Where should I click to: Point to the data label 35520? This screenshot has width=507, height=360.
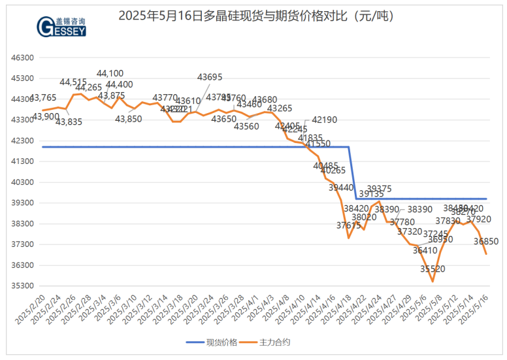click(433, 269)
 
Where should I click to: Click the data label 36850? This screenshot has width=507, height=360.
click(486, 241)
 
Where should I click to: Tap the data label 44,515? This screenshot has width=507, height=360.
click(73, 82)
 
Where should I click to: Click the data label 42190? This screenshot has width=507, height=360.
click(325, 120)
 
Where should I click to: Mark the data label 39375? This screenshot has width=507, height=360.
click(379, 188)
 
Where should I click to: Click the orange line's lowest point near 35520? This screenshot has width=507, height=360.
click(433, 282)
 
